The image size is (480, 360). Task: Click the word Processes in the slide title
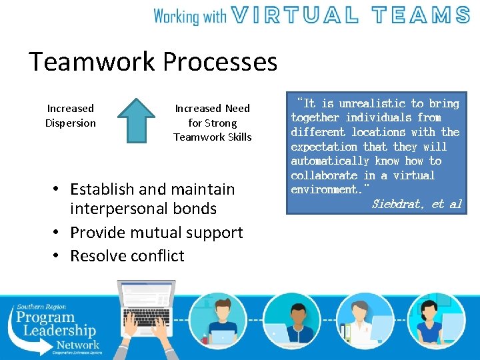click(220, 62)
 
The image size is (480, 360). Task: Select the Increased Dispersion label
click(70, 115)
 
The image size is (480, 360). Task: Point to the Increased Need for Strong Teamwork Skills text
click(212, 123)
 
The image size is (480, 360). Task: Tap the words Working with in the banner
click(191, 15)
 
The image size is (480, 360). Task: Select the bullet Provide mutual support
click(156, 233)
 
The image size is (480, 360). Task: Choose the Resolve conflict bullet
click(127, 256)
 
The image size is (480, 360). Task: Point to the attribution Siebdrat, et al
click(416, 204)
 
